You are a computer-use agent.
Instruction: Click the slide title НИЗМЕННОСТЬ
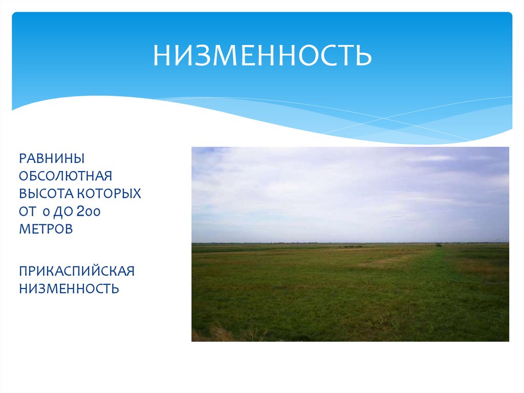tap(262, 55)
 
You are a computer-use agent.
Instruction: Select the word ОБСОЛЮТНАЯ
tap(65, 176)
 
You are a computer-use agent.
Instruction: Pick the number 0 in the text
tap(45, 212)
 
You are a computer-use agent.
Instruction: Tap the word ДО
tap(61, 212)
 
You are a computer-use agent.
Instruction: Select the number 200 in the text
tap(89, 212)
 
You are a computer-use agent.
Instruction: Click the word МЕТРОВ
tap(46, 229)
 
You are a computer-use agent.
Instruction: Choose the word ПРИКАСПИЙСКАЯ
tap(76, 271)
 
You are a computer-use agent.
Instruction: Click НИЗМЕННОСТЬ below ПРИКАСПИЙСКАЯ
tap(69, 288)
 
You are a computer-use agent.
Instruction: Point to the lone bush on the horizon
tap(439, 245)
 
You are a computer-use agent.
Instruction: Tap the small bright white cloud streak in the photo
tap(430, 158)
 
